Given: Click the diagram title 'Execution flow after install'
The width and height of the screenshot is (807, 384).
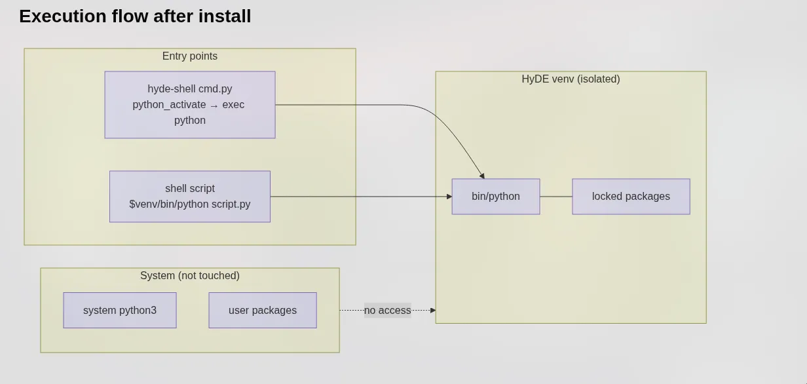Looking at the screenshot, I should (x=135, y=16).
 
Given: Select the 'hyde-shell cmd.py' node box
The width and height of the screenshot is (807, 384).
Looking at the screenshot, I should (x=190, y=105).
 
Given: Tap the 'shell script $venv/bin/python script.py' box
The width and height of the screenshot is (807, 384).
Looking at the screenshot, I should (x=190, y=197).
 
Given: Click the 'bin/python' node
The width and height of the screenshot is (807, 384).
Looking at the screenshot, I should (x=496, y=197).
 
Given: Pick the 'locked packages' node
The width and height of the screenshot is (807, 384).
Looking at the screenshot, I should (x=631, y=197).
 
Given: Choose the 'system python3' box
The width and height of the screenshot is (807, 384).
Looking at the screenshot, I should (x=120, y=310).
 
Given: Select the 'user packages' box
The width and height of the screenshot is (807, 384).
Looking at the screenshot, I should (x=263, y=310).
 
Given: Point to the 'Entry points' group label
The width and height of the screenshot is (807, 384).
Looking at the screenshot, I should (x=190, y=56).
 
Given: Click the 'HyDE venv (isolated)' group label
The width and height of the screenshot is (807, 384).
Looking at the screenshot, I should (x=571, y=79).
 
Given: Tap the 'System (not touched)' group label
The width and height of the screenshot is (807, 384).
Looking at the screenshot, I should (x=190, y=276).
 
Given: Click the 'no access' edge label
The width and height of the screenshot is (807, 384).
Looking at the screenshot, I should (x=388, y=310).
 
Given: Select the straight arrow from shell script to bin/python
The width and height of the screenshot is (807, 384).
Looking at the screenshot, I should (x=360, y=197).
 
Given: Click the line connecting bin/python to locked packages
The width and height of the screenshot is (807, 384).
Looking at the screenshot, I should (x=556, y=197).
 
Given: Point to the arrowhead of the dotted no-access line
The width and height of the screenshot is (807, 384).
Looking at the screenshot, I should (x=433, y=310).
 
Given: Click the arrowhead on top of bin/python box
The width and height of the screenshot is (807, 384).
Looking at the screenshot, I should (x=482, y=176).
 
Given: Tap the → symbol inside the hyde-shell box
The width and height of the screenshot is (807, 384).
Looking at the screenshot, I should (x=214, y=106).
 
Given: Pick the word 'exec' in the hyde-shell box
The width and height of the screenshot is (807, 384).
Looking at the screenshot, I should (x=233, y=105).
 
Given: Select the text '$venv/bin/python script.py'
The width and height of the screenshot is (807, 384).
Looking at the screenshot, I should (x=190, y=204).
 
